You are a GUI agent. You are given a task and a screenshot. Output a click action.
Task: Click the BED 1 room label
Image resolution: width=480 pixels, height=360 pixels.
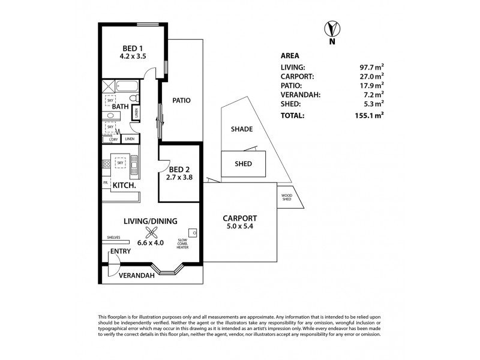click(132, 48)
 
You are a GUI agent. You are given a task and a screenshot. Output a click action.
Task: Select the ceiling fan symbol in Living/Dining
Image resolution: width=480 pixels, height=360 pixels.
click(147, 235)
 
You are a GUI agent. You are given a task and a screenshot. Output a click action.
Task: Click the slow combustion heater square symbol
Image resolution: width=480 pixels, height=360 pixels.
click(193, 232)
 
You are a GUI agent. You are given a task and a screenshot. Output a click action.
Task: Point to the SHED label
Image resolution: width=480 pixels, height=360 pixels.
click(243, 163)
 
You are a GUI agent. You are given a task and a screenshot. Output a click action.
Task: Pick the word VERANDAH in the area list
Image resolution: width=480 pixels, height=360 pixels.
click(298, 94)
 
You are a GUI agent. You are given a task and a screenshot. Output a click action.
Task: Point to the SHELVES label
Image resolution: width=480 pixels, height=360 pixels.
click(114, 237)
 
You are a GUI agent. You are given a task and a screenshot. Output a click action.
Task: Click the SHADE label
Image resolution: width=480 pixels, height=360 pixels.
click(241, 129)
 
